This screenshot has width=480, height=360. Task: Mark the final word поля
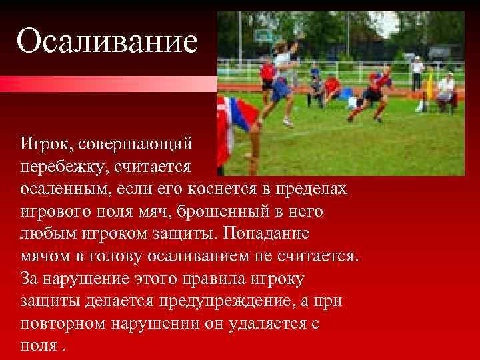point(37,347)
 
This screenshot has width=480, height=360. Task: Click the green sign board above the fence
point(265,35)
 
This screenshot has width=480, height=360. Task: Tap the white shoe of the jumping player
point(288,123)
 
